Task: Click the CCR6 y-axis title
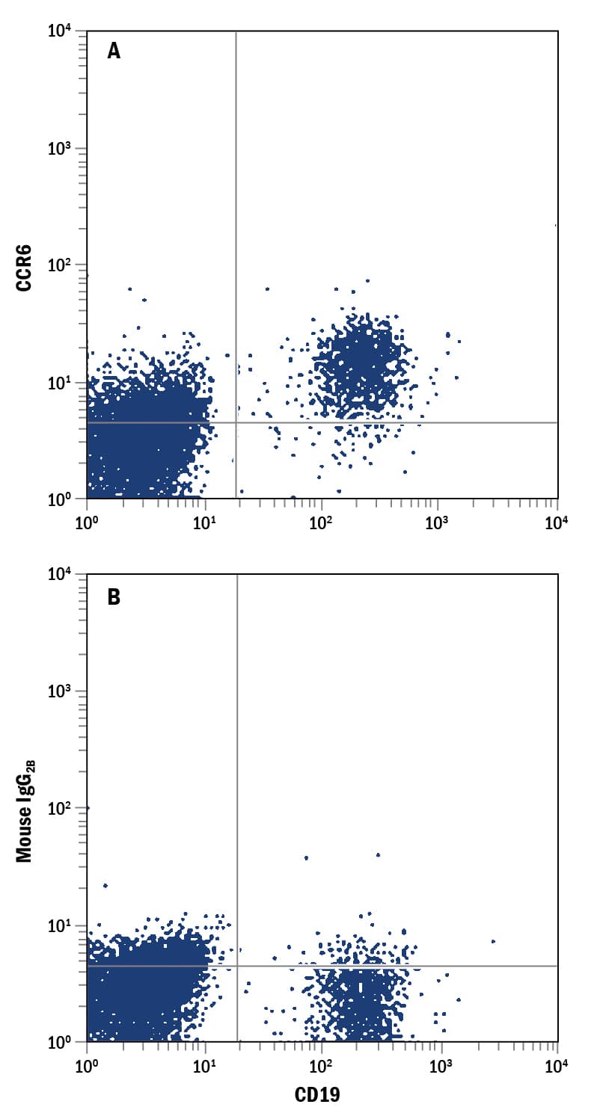pos(24,265)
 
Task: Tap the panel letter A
pos(114,51)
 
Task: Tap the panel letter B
pos(114,597)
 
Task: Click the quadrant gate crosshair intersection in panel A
pos(236,422)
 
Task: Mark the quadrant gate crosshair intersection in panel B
pos(237,966)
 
